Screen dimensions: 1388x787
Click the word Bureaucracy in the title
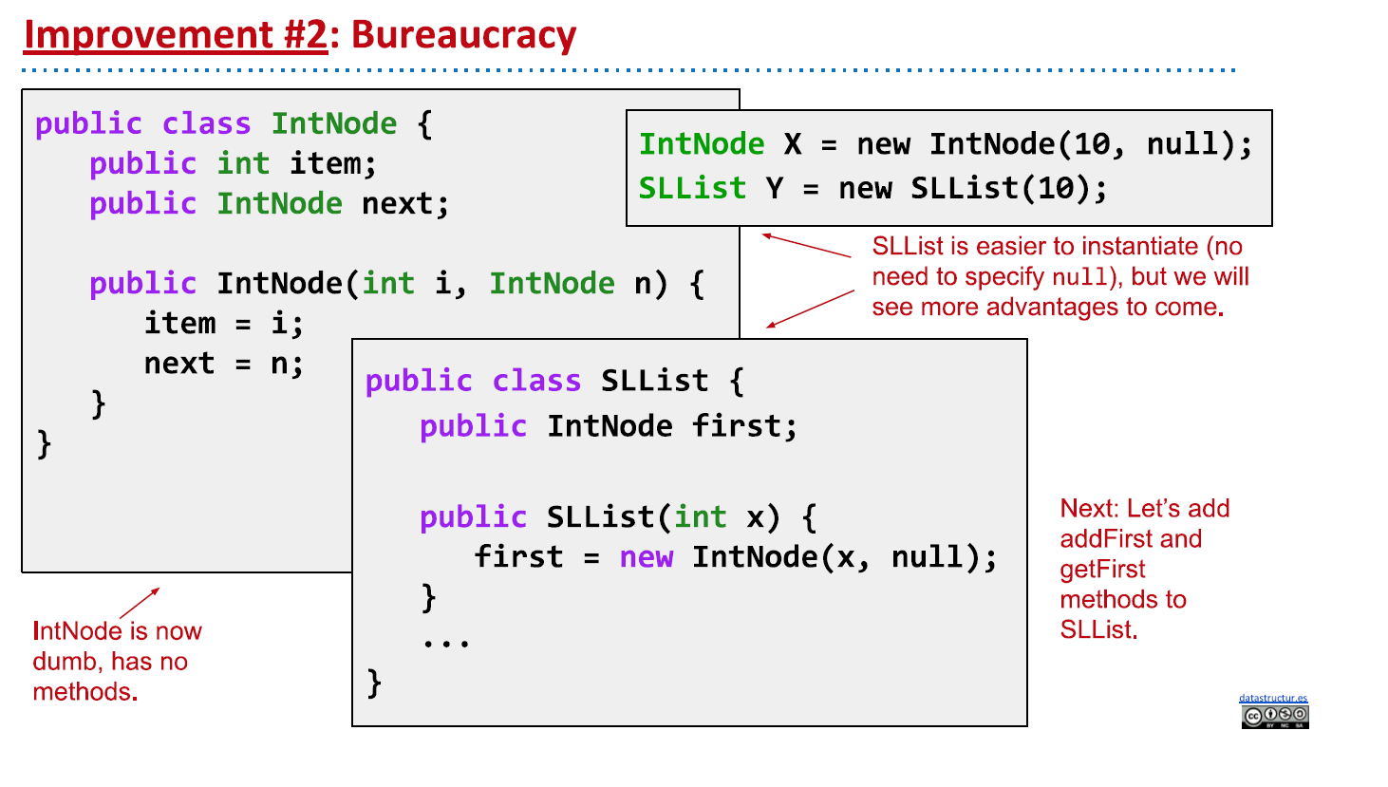pyautogui.click(x=463, y=35)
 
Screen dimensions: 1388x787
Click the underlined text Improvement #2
pyautogui.click(x=176, y=35)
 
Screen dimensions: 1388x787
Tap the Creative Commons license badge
pyautogui.click(x=1274, y=717)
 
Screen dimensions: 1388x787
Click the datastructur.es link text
pyautogui.click(x=1272, y=699)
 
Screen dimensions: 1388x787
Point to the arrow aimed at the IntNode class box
pyautogui.click(x=140, y=603)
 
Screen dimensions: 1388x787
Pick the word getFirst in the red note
pyautogui.click(x=1102, y=570)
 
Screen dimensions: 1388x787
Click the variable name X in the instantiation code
pyautogui.click(x=792, y=144)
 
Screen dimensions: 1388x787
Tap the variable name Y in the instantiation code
pyautogui.click(x=775, y=188)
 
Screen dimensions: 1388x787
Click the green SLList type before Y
pyautogui.click(x=692, y=188)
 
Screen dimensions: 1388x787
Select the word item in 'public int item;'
pyautogui.click(x=325, y=164)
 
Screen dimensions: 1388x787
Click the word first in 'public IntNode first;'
pyautogui.click(x=737, y=426)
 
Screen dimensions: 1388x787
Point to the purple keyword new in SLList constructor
pyautogui.click(x=647, y=557)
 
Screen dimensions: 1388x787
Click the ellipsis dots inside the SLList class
pyautogui.click(x=446, y=643)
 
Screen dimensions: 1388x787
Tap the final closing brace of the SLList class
pyautogui.click(x=374, y=683)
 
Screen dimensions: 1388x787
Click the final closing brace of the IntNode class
pyautogui.click(x=44, y=443)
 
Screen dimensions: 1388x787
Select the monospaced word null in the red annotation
pyautogui.click(x=1080, y=277)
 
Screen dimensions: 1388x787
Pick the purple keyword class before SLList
pyautogui.click(x=536, y=382)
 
